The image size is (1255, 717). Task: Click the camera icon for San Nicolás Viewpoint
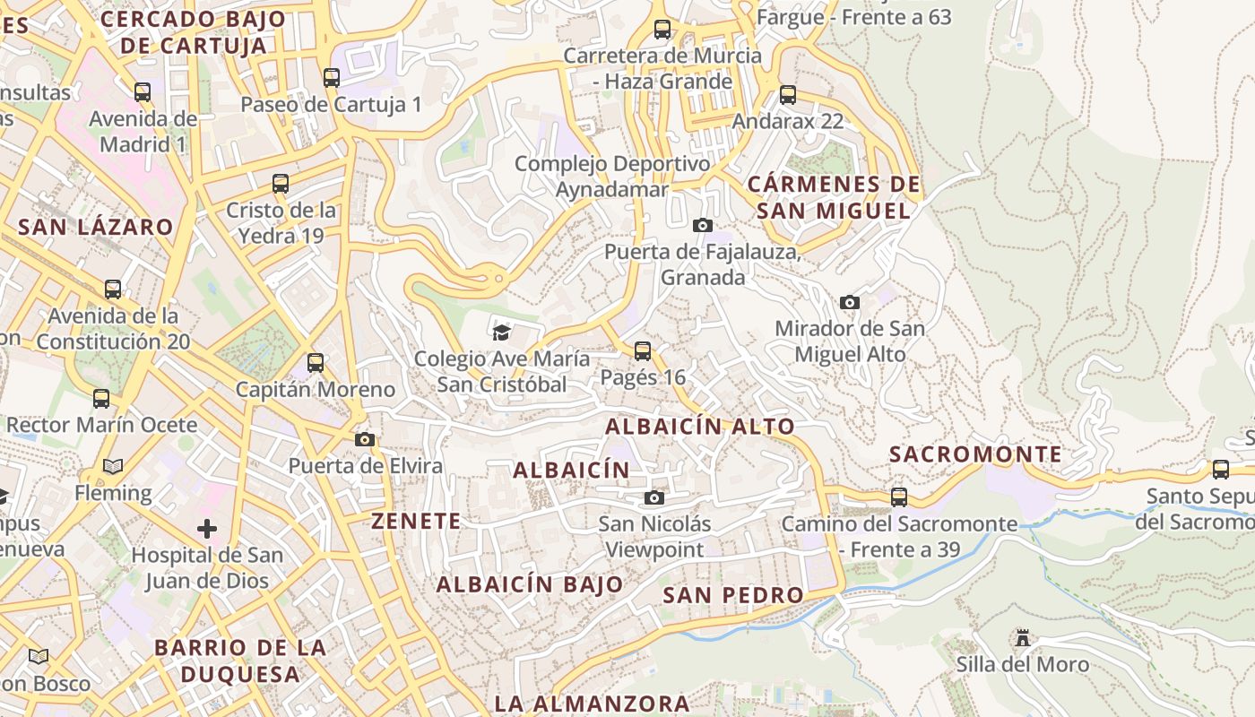(654, 497)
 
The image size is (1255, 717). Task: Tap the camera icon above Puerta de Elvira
(364, 439)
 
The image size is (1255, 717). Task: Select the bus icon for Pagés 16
(643, 350)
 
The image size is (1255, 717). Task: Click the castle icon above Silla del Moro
(1022, 638)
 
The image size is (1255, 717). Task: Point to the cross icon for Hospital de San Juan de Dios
(207, 528)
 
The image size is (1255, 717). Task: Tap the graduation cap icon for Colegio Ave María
(501, 333)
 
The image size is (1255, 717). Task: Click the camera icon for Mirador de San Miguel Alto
(850, 302)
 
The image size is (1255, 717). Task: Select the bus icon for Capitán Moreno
(316, 363)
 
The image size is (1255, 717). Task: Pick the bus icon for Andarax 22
(788, 94)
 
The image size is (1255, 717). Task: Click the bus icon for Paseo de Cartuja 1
(332, 78)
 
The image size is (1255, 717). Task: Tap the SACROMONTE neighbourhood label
(975, 454)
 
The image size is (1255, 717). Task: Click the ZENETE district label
(416, 521)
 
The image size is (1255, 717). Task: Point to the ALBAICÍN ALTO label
(700, 427)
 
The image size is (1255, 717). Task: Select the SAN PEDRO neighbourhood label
(733, 595)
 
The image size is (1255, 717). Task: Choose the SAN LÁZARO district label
(95, 227)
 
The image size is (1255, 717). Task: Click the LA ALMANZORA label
(592, 704)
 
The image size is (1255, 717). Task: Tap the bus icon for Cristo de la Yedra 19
(281, 184)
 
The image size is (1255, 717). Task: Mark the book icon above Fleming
(113, 466)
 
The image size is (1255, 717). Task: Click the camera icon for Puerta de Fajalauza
(703, 225)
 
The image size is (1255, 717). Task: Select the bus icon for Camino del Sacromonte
(899, 497)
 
